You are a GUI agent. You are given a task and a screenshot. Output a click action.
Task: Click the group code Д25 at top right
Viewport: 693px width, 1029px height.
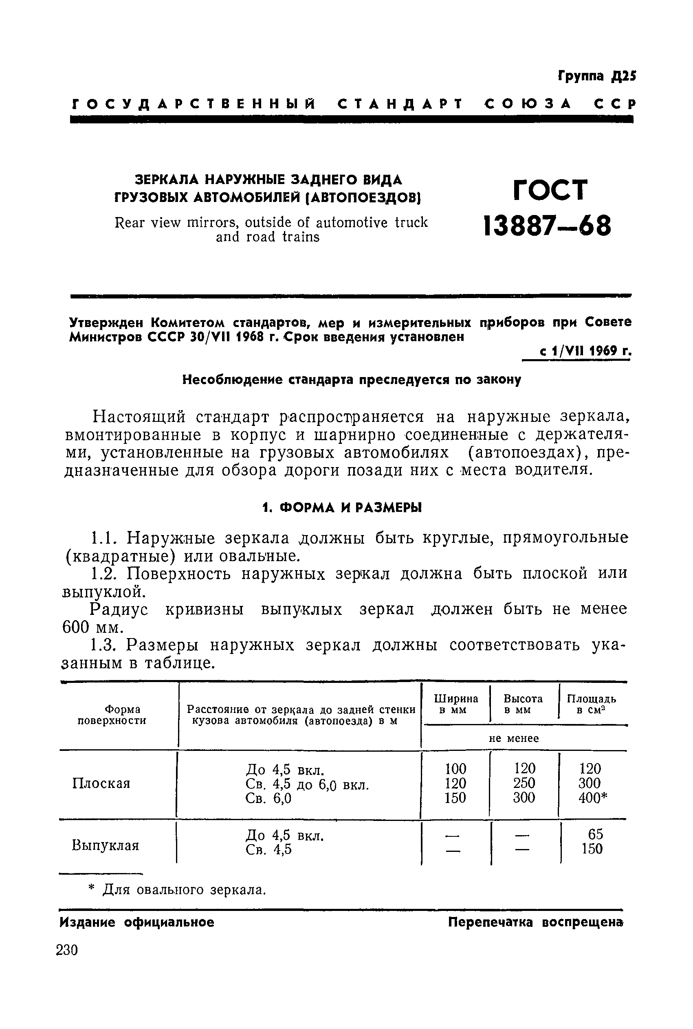(x=624, y=77)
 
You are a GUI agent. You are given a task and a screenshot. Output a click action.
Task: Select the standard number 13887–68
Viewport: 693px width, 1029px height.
(x=548, y=226)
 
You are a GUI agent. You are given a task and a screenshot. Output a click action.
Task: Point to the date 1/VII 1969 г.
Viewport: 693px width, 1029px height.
(x=585, y=351)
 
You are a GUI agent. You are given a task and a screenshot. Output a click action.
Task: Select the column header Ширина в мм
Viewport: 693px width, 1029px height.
(x=455, y=704)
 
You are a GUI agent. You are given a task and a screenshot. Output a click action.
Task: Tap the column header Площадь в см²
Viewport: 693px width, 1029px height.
(x=591, y=704)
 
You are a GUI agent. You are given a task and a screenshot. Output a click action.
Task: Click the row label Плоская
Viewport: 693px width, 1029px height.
(x=101, y=783)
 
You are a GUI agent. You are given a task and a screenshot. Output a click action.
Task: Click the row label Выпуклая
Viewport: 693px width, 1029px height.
(x=105, y=845)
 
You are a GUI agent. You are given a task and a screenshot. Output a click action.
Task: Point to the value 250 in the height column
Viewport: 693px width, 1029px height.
(x=524, y=783)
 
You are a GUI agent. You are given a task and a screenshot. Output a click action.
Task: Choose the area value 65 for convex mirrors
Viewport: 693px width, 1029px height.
(x=595, y=834)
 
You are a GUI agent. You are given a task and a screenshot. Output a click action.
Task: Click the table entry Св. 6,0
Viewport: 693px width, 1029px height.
(x=268, y=798)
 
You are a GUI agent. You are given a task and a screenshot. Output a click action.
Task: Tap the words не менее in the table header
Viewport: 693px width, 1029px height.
(x=514, y=738)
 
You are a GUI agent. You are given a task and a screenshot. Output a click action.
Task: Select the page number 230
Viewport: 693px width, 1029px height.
(x=67, y=950)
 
